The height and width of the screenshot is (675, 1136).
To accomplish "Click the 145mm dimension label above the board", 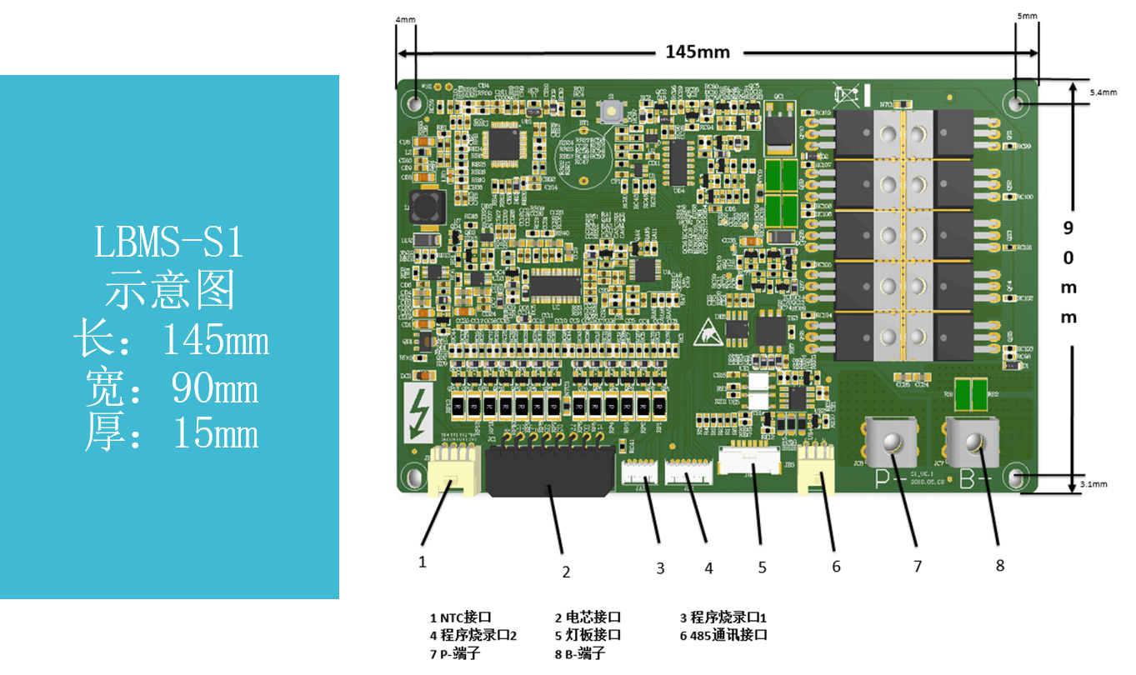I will [x=698, y=52].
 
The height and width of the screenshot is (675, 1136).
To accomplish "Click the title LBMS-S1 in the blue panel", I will [x=169, y=243].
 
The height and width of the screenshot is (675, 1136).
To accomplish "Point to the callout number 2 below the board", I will [x=566, y=572].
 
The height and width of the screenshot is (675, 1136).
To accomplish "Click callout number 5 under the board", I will [x=762, y=567].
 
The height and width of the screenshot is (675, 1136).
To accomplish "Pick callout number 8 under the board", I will [x=1000, y=565].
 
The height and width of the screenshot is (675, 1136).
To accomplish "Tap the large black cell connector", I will [x=549, y=472].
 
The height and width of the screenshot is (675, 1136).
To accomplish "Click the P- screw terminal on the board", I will [x=891, y=442].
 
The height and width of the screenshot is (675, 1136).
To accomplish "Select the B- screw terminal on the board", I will [x=973, y=442].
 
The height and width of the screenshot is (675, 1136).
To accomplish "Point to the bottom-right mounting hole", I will [x=1017, y=479].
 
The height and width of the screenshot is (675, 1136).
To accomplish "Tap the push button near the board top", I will [x=612, y=112].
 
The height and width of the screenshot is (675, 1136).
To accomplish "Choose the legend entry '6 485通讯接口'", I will [x=723, y=635].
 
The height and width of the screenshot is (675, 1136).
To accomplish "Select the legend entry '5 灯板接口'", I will [x=588, y=635].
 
